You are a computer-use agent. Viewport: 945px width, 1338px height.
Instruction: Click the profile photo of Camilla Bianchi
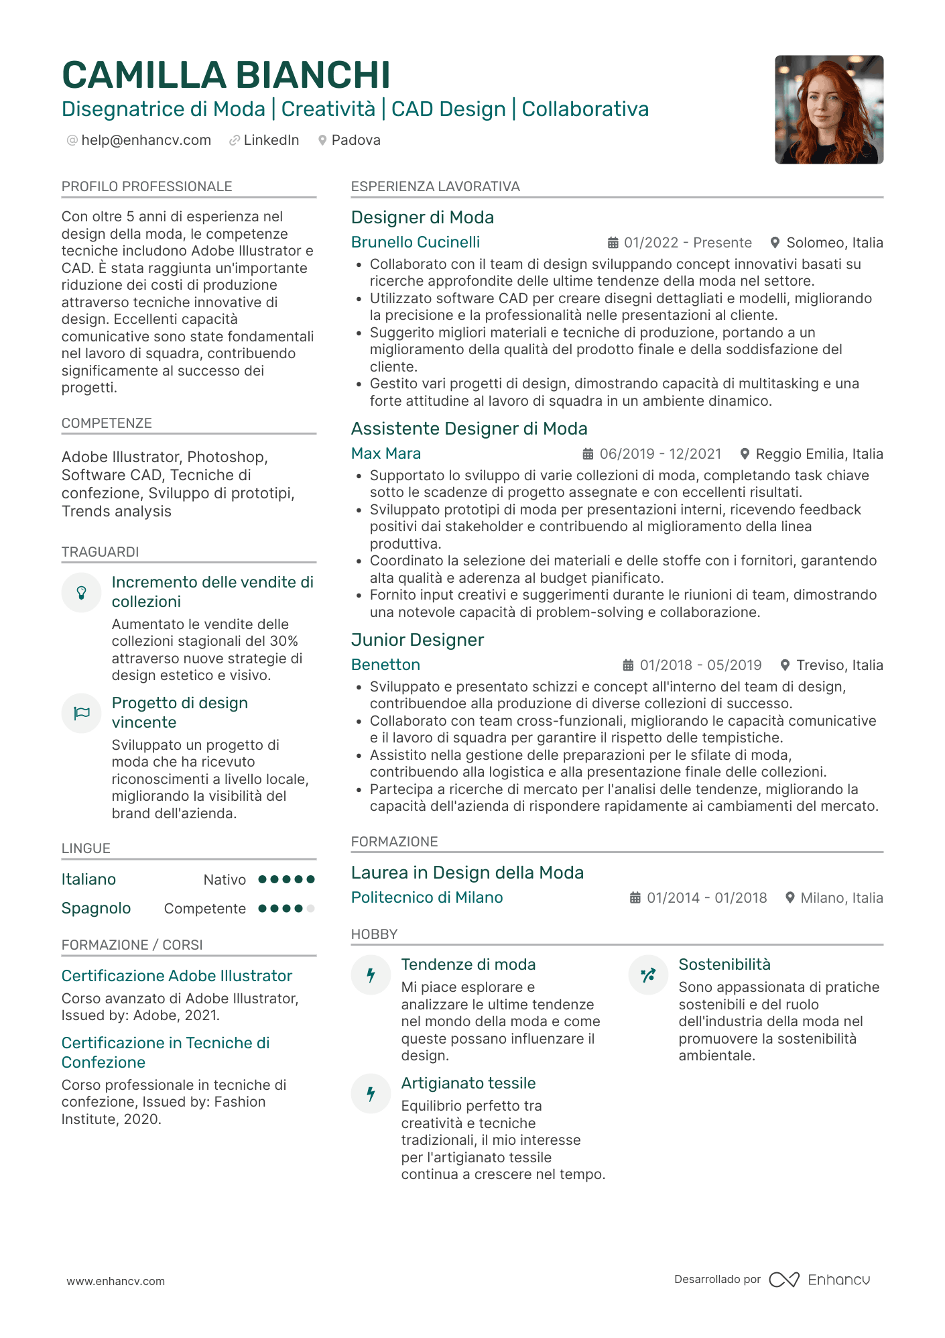click(829, 109)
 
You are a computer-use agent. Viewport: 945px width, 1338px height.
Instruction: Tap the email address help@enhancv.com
click(145, 140)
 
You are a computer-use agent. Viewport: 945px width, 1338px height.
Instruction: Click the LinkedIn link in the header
click(271, 140)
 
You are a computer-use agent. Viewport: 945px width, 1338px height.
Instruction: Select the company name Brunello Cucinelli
click(416, 242)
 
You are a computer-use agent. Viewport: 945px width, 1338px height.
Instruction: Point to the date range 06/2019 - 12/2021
click(660, 454)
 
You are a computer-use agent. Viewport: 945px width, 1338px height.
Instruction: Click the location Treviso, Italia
click(839, 665)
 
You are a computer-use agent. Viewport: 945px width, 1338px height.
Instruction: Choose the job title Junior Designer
click(417, 640)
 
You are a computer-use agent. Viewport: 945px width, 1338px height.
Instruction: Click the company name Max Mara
click(386, 453)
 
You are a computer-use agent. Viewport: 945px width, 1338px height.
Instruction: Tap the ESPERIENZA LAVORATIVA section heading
click(435, 186)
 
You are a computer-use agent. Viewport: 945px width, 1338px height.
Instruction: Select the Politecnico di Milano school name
click(427, 897)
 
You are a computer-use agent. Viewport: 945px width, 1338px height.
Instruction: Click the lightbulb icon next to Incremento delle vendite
click(81, 592)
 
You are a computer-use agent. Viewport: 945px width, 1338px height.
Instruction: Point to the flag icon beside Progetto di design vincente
click(81, 713)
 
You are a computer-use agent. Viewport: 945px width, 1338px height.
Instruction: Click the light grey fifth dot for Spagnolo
click(310, 909)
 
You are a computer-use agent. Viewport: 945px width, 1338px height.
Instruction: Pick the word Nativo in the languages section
click(225, 880)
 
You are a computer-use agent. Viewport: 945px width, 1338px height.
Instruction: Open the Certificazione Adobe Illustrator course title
click(177, 976)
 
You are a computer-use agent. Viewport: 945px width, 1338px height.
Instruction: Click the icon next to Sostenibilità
click(648, 975)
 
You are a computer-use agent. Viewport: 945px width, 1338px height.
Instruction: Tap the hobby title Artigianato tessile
click(468, 1083)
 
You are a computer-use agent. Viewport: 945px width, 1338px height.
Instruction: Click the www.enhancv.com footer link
click(115, 1281)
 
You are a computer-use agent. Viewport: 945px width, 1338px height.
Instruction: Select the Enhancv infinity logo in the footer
click(783, 1280)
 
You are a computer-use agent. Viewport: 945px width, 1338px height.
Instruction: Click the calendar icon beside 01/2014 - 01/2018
click(635, 898)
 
